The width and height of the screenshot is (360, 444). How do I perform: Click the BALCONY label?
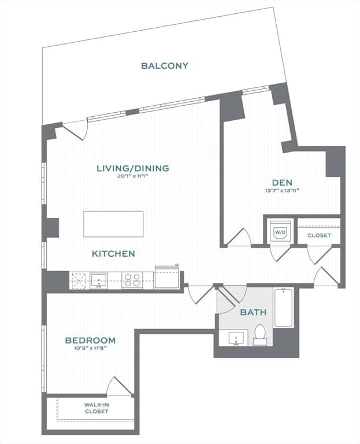point(165,66)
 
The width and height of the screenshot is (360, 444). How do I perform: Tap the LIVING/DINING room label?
point(133,168)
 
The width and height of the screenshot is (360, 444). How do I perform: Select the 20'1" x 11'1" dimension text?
point(133,176)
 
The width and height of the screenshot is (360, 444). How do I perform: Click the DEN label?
point(282,183)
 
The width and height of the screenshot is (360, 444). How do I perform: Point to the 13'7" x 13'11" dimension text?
point(282,191)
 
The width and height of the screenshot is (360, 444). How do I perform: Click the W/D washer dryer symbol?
point(280,232)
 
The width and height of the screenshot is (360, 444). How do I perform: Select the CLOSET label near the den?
point(319,235)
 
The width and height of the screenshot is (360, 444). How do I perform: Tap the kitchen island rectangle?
point(113,224)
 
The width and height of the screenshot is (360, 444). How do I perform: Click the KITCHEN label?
point(113,254)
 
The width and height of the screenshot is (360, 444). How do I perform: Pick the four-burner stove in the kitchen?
point(132,280)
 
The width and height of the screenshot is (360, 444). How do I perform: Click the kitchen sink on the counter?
point(99,280)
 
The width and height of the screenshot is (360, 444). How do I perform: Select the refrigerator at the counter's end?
point(166,277)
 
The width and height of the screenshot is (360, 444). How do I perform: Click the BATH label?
point(253,312)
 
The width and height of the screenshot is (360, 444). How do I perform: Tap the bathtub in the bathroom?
point(283,308)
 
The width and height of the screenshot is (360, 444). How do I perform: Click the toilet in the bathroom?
point(260,334)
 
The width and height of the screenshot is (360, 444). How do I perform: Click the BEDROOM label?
point(90,341)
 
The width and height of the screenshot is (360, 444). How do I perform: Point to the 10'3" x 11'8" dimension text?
point(90,349)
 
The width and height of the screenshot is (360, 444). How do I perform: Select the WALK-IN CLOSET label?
point(97,408)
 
